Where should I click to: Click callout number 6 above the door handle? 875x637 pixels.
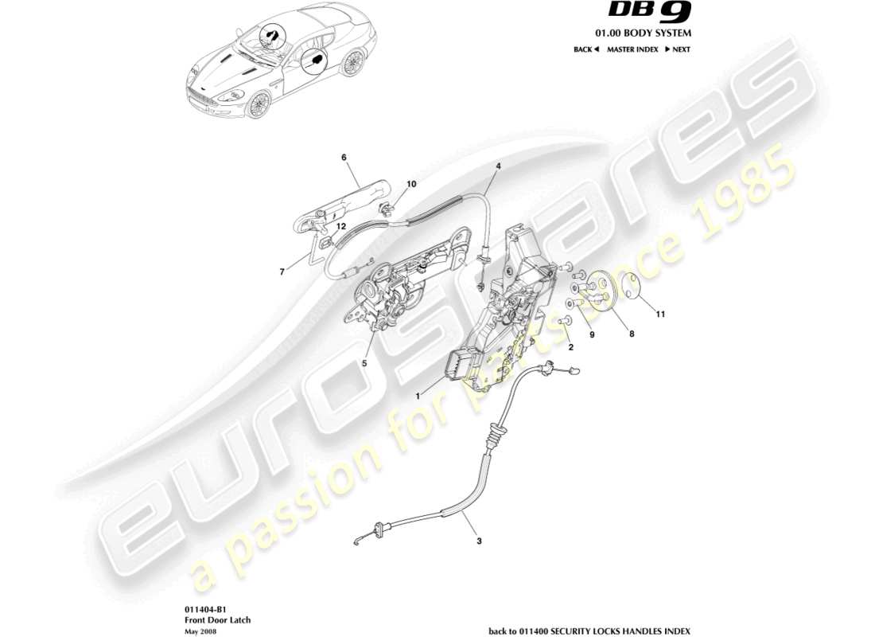coord(344,158)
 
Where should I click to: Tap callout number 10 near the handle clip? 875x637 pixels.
coord(411,184)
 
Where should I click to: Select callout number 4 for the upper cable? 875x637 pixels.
coord(498,166)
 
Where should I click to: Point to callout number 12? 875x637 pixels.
coord(340,227)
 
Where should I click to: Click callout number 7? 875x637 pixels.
coord(282,272)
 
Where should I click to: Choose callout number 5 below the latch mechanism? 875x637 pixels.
coord(364,365)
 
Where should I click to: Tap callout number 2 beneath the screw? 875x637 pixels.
coord(570,347)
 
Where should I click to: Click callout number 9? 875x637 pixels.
coord(592,334)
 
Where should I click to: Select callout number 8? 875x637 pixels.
coord(632,335)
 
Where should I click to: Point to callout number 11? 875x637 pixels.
coord(660,314)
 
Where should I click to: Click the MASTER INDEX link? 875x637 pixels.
coord(632,49)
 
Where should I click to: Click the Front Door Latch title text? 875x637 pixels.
coord(207,619)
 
